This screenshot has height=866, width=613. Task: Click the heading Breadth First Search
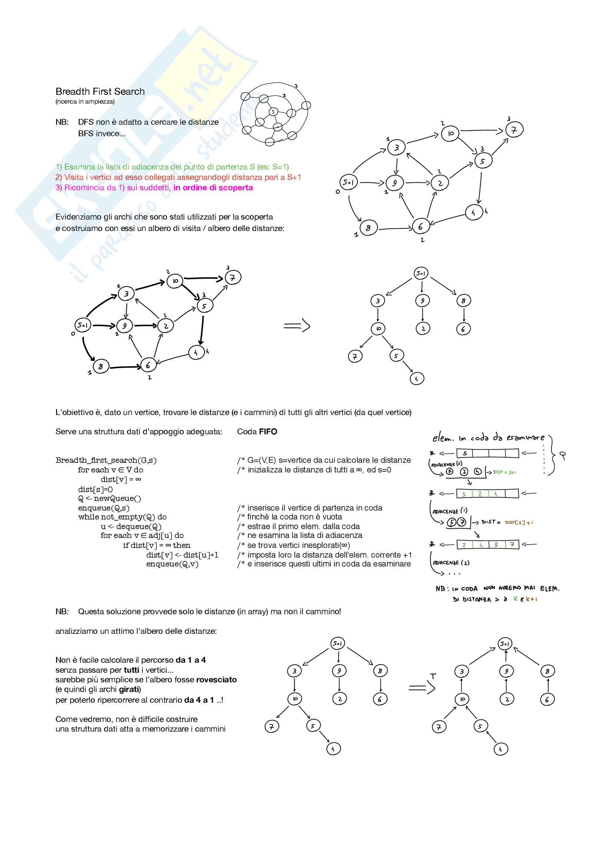point(100,91)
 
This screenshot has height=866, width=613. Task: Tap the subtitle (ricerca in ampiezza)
point(85,101)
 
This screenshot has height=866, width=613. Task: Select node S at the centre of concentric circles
point(273,112)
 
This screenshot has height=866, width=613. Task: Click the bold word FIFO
point(268,431)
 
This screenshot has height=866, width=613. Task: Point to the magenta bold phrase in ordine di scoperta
point(213,187)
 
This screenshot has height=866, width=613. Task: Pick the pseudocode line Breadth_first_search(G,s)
point(106,460)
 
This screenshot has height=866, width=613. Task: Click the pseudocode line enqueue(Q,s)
point(104,508)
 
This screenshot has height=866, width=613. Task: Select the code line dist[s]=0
point(96,489)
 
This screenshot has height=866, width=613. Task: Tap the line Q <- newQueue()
point(109,499)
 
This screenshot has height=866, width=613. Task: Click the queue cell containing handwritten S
point(465,453)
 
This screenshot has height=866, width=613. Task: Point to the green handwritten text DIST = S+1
point(504,472)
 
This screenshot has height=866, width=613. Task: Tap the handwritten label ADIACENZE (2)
point(451,563)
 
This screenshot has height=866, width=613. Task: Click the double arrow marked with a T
point(422,688)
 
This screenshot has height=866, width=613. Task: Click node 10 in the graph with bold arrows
point(175,281)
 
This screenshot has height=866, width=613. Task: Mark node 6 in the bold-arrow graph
point(148,365)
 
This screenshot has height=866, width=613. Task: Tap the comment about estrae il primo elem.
point(304,526)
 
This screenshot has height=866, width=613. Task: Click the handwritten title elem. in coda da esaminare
point(488,438)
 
